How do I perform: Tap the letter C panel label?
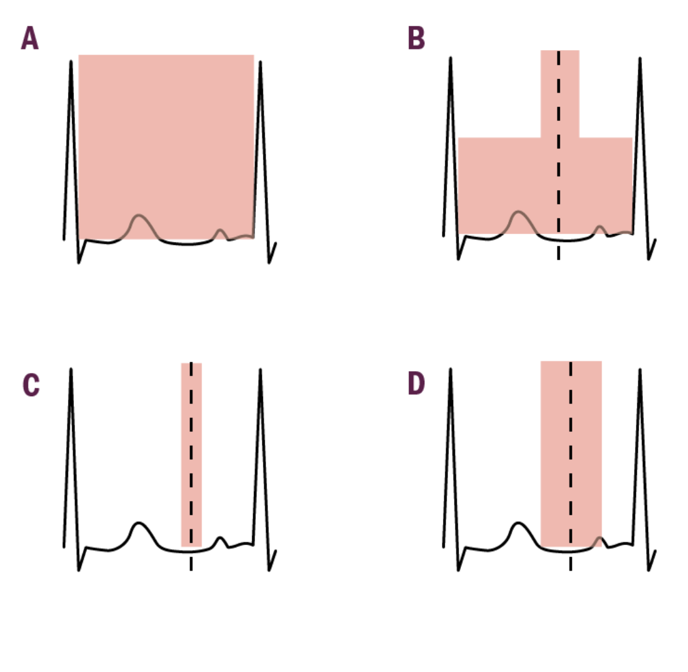point(31,385)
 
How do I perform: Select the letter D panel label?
point(416,384)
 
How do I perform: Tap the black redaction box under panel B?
point(555,294)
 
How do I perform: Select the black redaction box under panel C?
point(170,617)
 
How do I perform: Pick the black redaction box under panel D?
point(559,618)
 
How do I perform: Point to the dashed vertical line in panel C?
point(191,465)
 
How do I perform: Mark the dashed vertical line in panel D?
point(571,465)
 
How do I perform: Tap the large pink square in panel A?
point(166,137)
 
